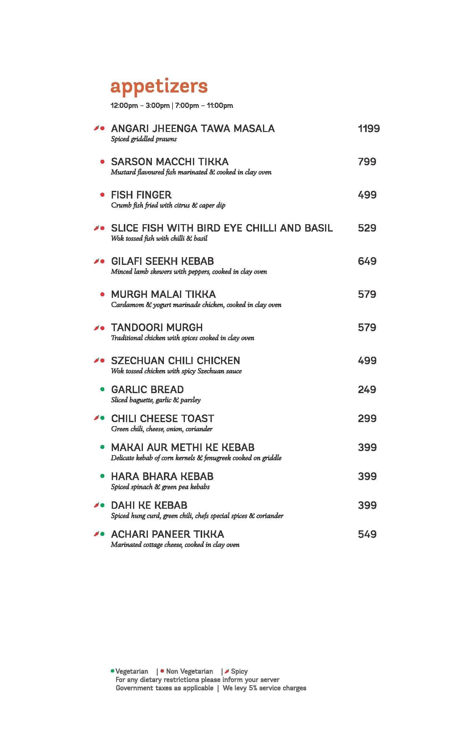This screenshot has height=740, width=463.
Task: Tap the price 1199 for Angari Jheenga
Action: (369, 129)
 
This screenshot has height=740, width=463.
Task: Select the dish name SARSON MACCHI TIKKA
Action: (170, 162)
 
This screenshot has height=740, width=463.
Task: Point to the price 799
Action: (367, 162)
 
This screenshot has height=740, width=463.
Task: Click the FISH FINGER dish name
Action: (141, 195)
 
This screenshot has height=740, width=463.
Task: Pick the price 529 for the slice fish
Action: (367, 228)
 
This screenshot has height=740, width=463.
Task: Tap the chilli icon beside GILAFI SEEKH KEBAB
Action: (96, 261)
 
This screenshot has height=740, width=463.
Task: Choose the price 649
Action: (367, 261)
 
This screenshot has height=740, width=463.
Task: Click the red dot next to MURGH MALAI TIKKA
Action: (102, 294)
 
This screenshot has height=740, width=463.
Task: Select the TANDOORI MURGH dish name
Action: (157, 327)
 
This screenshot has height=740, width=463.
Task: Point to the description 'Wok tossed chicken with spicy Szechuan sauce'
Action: (176, 371)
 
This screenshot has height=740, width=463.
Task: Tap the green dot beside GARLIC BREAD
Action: (102, 389)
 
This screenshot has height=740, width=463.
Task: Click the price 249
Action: (367, 389)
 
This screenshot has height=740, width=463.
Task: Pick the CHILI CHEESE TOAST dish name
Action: (162, 418)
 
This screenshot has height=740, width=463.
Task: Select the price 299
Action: (367, 418)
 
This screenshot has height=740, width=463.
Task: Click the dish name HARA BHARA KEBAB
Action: (162, 476)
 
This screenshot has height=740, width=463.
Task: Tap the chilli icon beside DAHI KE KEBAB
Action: (96, 505)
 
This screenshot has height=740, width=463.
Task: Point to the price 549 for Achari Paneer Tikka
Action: (367, 534)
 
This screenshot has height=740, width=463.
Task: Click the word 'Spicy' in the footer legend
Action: (239, 672)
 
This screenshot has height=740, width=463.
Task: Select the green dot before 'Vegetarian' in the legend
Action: (112, 671)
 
